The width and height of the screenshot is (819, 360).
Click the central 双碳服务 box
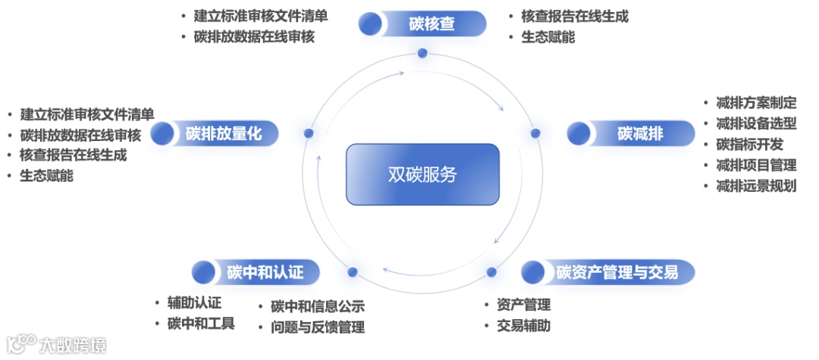point(422,174)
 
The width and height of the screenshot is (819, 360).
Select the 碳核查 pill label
point(431,23)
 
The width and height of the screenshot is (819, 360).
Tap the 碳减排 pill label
point(640,134)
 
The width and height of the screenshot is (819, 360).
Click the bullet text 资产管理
point(523,305)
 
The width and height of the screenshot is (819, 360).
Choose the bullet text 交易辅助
point(523,327)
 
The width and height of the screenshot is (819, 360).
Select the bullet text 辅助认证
point(194,303)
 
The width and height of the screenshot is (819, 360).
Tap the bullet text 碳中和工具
point(201,324)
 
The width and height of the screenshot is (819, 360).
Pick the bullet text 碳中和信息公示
point(318,307)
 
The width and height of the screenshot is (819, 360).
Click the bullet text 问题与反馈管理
point(318,327)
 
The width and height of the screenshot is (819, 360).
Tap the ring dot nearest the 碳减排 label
point(535,133)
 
